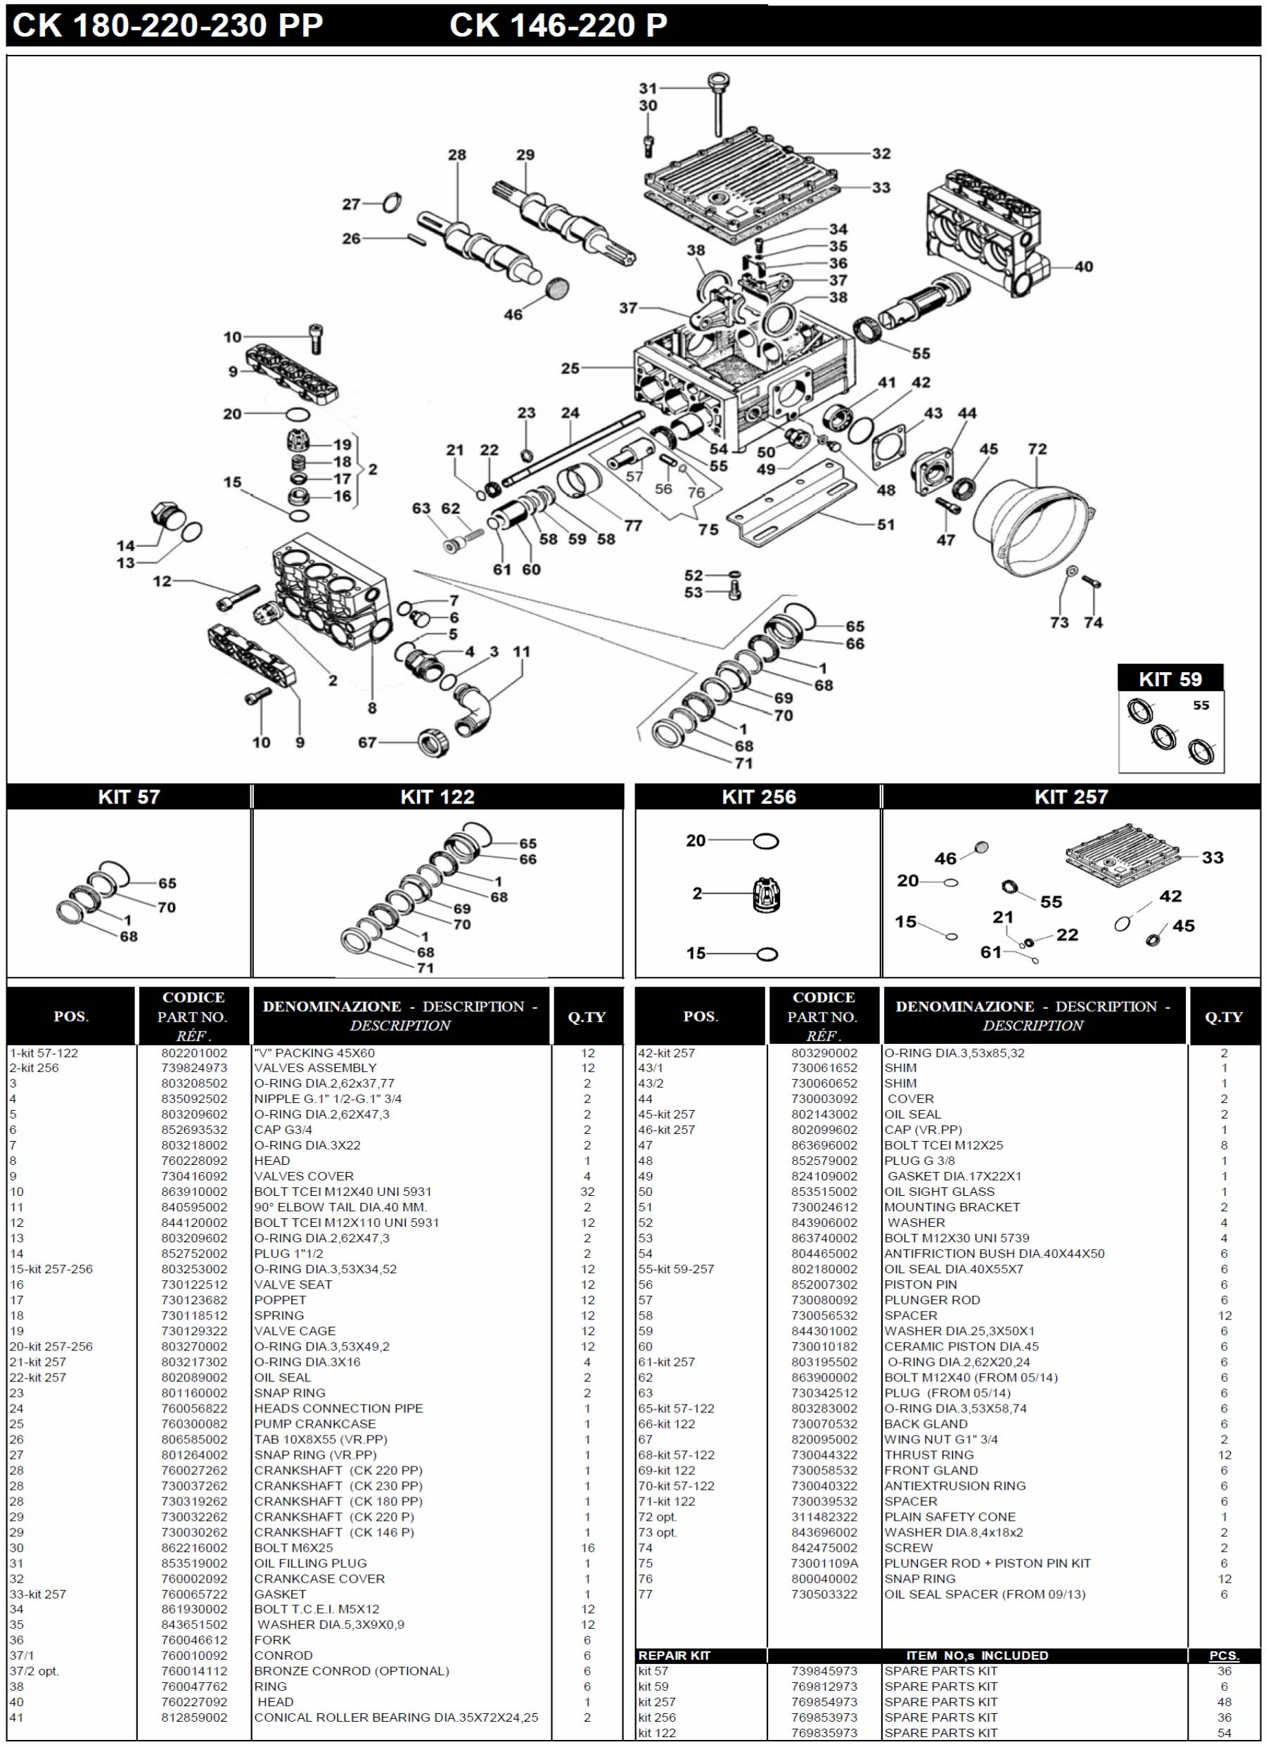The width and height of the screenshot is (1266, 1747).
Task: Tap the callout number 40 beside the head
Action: (1083, 266)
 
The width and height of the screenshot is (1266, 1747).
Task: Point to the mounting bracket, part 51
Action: (793, 505)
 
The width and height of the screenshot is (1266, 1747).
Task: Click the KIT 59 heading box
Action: (1170, 678)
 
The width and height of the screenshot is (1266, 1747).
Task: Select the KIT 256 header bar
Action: (757, 797)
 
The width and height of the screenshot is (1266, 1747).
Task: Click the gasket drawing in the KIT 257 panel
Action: (1123, 854)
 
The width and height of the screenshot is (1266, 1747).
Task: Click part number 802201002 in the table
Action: (194, 1053)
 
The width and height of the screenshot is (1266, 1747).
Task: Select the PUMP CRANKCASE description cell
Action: (315, 1424)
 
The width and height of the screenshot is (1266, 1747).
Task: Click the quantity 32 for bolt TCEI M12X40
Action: (587, 1192)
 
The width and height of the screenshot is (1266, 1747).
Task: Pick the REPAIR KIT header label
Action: (674, 1656)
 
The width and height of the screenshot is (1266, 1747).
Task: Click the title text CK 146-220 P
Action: (558, 25)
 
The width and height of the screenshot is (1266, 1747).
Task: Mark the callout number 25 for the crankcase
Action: (570, 368)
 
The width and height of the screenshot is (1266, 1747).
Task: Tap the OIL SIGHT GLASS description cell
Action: (939, 1192)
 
